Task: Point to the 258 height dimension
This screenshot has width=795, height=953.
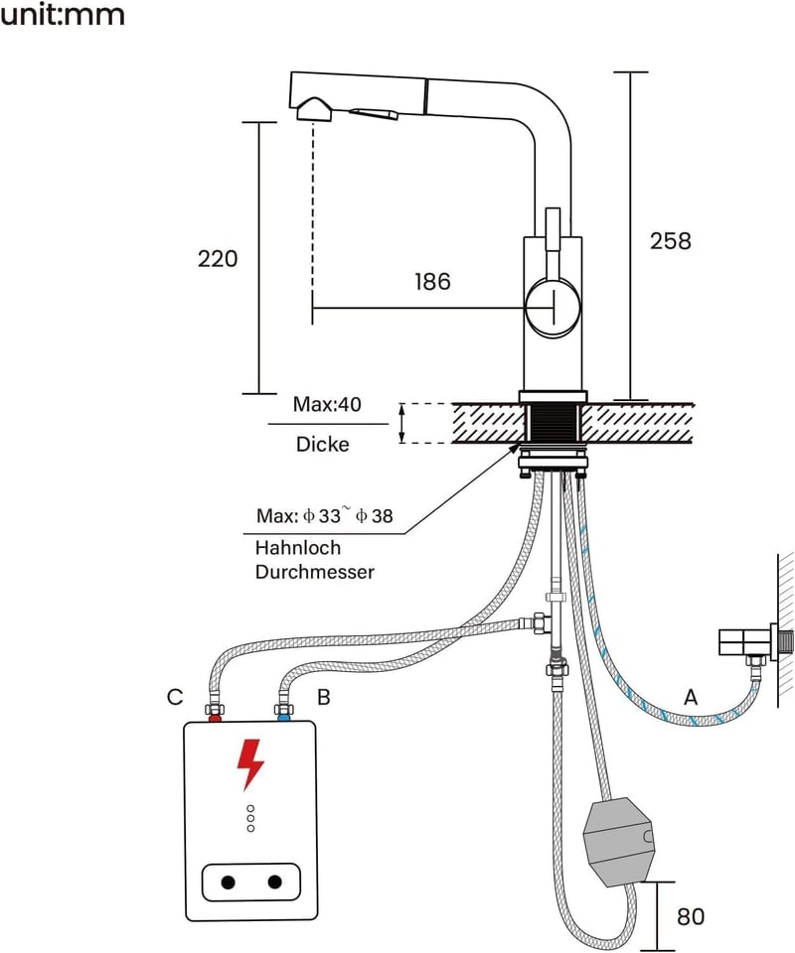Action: click(x=671, y=240)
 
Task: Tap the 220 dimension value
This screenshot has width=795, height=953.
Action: click(x=218, y=259)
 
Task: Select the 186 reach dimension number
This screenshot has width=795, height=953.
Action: click(x=432, y=281)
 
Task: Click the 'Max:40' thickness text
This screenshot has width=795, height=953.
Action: click(x=327, y=404)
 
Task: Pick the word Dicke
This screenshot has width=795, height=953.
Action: click(x=322, y=445)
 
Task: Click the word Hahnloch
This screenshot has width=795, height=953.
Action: click(x=297, y=548)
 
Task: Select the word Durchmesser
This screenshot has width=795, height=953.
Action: click(x=314, y=572)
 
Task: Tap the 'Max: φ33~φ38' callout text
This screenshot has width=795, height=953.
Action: click(x=324, y=515)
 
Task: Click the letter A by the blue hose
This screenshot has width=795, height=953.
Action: click(x=691, y=697)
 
